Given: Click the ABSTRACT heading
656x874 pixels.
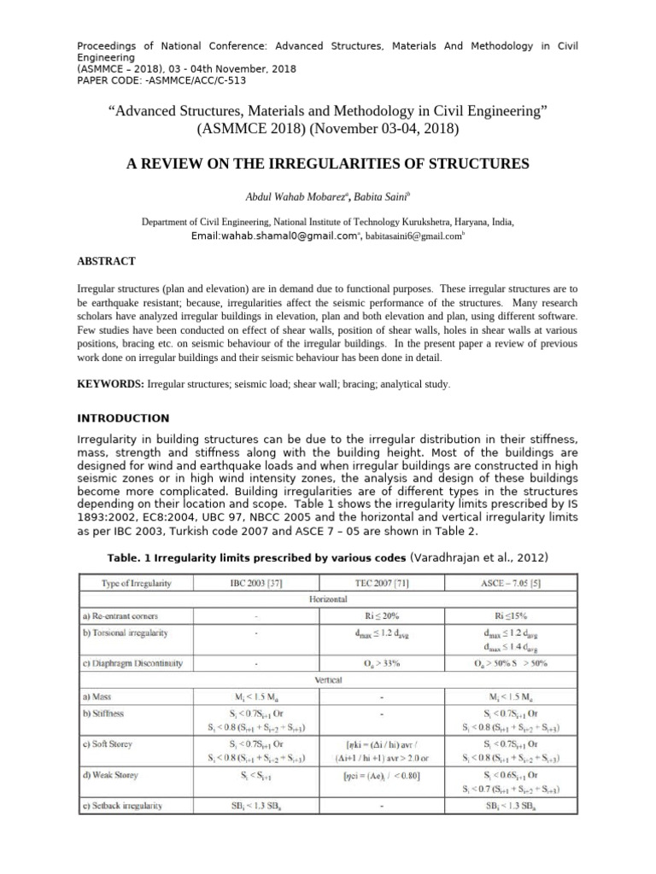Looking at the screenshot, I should tap(107, 260).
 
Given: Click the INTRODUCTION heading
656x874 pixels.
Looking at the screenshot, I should tap(124, 418).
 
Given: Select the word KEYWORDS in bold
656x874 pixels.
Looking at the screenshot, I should tap(111, 385).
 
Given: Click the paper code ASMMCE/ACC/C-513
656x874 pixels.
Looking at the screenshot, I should tap(199, 81).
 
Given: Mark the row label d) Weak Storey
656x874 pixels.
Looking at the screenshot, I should tap(114, 775).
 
